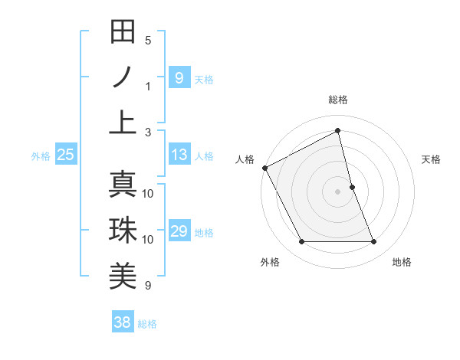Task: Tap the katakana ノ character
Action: click(x=123, y=77)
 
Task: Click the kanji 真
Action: click(x=123, y=185)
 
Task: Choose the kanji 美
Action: click(x=123, y=277)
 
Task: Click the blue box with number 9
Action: click(x=179, y=77)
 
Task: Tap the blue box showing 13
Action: click(x=179, y=155)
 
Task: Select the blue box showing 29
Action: click(x=179, y=231)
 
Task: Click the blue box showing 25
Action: click(x=65, y=155)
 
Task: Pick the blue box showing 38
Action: click(x=122, y=322)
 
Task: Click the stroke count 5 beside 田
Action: click(x=148, y=40)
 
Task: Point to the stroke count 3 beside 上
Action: click(x=148, y=132)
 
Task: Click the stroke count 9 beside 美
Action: click(x=148, y=286)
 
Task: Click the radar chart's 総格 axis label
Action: click(x=337, y=100)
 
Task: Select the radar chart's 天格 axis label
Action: click(x=432, y=159)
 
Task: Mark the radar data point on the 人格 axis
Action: click(x=264, y=167)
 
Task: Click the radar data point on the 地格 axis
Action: click(x=373, y=242)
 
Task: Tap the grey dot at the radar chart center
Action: click(x=337, y=191)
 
